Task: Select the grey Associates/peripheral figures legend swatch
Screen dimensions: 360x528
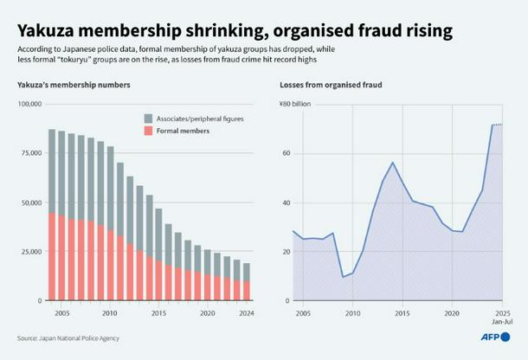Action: pyautogui.click(x=149, y=118)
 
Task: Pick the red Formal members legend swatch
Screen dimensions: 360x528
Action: pyautogui.click(x=149, y=131)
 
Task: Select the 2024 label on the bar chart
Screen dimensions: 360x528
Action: pyautogui.click(x=246, y=312)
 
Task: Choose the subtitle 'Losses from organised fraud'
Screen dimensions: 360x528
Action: pyautogui.click(x=331, y=85)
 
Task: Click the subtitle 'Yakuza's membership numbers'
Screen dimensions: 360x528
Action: pyautogui.click(x=74, y=85)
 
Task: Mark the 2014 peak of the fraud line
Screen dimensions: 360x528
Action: pyautogui.click(x=392, y=163)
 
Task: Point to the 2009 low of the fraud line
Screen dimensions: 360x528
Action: pyautogui.click(x=343, y=277)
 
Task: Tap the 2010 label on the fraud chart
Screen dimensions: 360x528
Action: pyautogui.click(x=352, y=312)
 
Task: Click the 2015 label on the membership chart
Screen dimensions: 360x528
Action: pyautogui.click(x=158, y=312)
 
